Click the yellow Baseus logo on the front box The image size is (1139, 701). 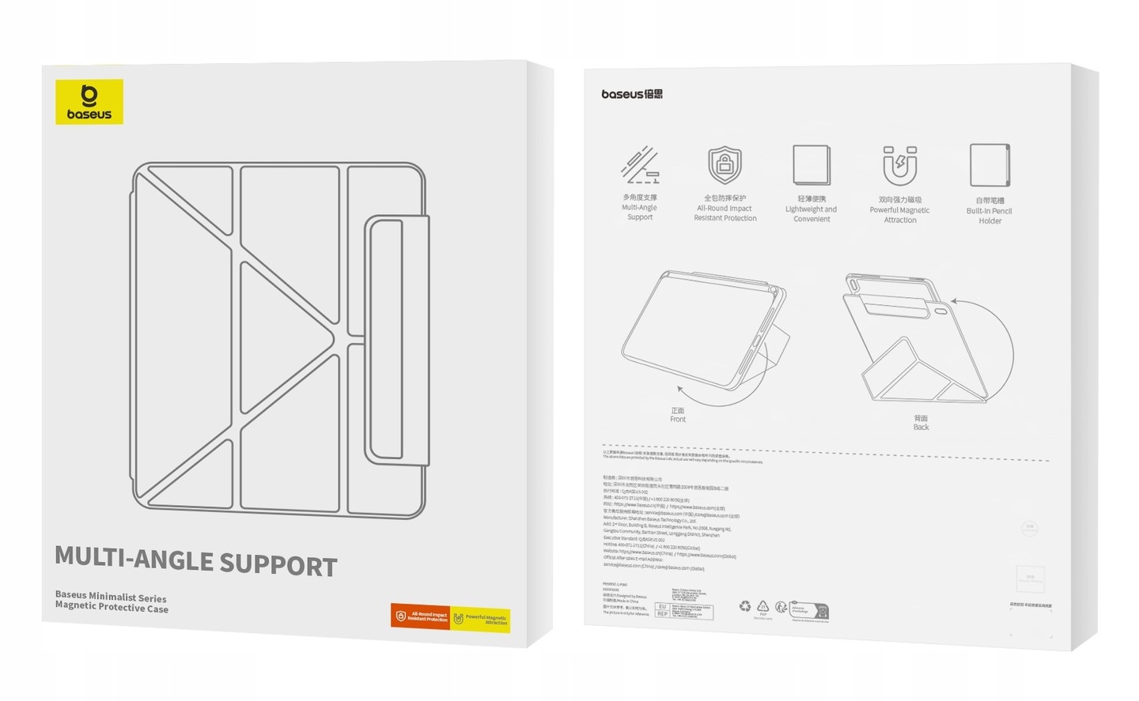tap(89, 102)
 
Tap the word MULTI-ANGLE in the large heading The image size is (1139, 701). tap(134, 559)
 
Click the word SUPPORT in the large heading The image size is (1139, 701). tap(278, 564)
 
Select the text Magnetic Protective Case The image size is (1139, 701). tap(112, 607)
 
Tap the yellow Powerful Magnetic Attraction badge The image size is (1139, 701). tap(481, 620)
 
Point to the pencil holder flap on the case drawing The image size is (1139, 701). tap(396, 339)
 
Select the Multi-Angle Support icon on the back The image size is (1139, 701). tap(640, 164)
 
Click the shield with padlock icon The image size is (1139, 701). tap(725, 164)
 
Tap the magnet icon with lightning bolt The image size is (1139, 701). tap(899, 165)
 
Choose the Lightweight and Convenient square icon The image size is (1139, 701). tap(812, 164)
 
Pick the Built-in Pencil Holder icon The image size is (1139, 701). tap(990, 164)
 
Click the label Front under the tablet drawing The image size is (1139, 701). tap(678, 419)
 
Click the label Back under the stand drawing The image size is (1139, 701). tap(921, 427)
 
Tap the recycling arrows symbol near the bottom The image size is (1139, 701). tap(745, 606)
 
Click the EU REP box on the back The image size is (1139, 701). tap(662, 610)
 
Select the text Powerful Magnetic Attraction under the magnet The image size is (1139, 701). tap(899, 215)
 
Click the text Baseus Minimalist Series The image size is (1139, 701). tap(111, 597)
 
